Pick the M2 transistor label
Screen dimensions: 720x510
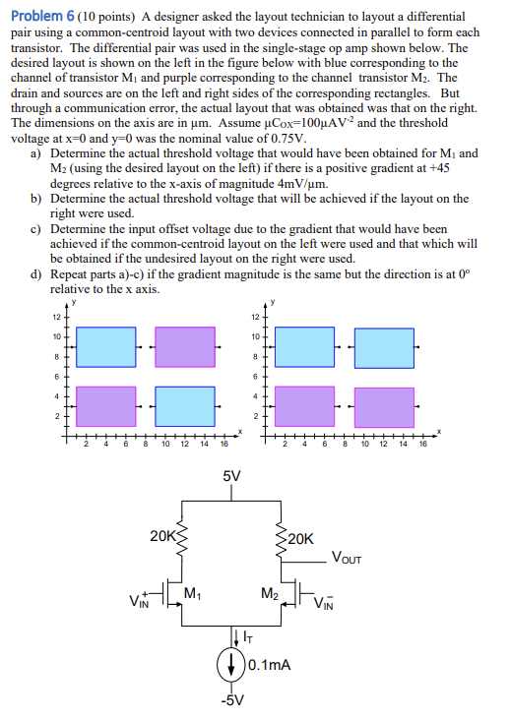269,592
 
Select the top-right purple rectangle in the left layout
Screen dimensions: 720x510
185,346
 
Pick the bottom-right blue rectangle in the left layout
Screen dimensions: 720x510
185,405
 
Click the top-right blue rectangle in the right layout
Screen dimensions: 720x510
384,346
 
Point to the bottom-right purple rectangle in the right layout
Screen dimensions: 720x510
384,405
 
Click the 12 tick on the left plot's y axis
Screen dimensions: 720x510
56,316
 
